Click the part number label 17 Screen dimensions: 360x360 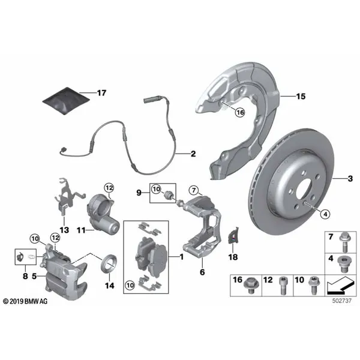(102, 93)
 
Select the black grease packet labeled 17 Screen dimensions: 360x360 (66, 101)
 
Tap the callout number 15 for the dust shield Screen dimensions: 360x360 (301, 97)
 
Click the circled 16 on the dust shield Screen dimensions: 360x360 (240, 113)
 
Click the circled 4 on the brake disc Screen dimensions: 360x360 (325, 214)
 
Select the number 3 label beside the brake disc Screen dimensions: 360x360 (350, 178)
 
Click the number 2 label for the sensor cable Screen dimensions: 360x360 (193, 154)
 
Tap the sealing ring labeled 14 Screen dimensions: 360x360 (109, 264)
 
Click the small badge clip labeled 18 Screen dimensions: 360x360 (233, 236)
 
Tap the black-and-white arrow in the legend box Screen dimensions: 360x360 (340, 285)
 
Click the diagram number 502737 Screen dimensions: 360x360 (342, 301)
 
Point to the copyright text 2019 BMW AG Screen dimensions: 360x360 (25, 301)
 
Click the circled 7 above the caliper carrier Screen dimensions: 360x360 (194, 190)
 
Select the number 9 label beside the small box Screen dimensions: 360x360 (139, 193)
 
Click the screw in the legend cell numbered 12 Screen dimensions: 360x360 (283, 286)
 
